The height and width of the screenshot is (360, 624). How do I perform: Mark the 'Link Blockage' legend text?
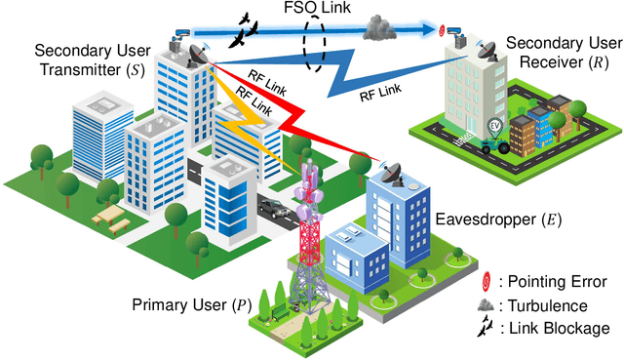click(561, 328)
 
